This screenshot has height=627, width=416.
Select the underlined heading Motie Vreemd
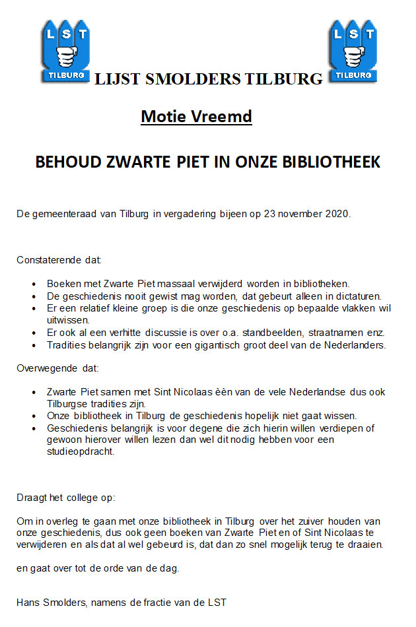click(x=196, y=117)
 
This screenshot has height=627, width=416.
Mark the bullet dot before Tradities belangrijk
click(x=34, y=345)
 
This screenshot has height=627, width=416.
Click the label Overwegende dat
click(x=57, y=368)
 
